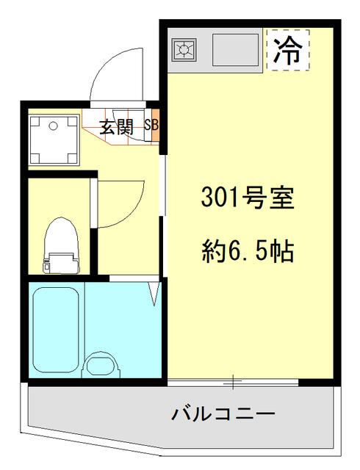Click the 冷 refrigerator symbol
point(288,50)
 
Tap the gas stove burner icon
point(183,50)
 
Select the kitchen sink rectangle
point(235,50)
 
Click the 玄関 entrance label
point(116,127)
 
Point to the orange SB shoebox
point(152,126)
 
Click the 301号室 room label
point(248,199)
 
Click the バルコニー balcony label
point(223,414)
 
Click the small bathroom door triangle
point(155,293)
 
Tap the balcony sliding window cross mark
point(233,383)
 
